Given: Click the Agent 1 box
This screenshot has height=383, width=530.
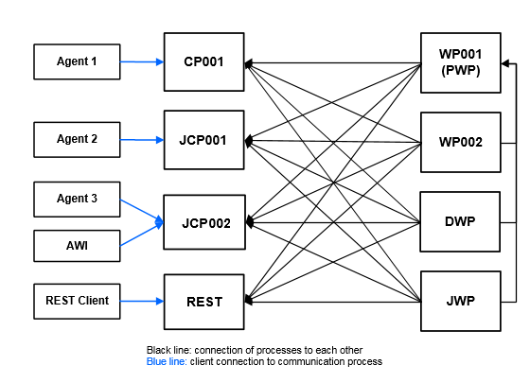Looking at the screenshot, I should (x=77, y=61).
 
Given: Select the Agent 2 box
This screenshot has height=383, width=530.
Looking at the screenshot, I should (x=77, y=139).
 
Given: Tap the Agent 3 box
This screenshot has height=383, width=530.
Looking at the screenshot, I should (x=77, y=199).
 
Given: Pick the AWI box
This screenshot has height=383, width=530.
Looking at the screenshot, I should (x=77, y=246).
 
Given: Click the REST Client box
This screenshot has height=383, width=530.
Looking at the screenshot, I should (x=77, y=301).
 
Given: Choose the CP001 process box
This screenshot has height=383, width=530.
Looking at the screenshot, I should (x=203, y=62).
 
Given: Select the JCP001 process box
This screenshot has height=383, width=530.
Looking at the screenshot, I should (x=203, y=140).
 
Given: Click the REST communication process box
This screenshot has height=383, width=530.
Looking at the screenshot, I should (x=203, y=302).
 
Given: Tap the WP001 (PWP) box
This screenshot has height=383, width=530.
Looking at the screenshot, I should (x=461, y=62).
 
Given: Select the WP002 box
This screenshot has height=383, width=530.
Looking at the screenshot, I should (x=461, y=142).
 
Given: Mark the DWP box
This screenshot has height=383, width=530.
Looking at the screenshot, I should (x=461, y=221).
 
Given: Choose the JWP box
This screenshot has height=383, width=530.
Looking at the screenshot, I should (x=461, y=301).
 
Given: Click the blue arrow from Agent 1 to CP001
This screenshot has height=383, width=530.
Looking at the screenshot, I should (x=142, y=62).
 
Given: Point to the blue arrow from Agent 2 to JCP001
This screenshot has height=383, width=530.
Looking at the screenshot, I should (x=142, y=140).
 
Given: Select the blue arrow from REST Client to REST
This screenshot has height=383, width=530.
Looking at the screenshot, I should (x=142, y=302).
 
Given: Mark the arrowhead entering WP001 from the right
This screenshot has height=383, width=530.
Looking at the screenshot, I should (x=506, y=63).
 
